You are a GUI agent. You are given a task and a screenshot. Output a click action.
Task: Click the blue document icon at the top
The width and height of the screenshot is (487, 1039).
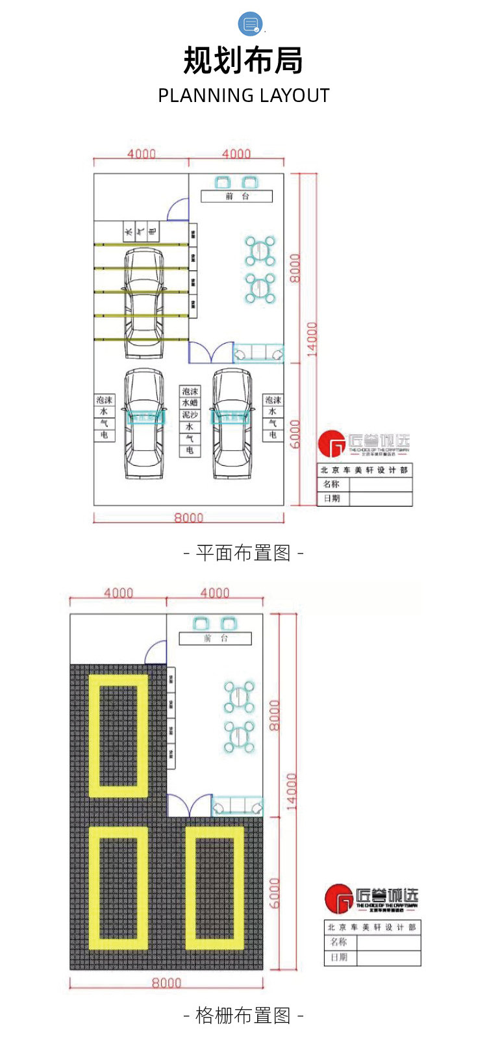coord(251,24)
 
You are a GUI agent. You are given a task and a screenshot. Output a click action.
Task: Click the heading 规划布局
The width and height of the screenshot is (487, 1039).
coord(243,60)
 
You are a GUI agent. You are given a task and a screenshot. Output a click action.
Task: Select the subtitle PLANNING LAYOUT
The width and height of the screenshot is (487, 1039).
coord(243,96)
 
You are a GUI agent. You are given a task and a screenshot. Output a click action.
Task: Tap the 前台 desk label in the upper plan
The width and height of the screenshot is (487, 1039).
coord(236,196)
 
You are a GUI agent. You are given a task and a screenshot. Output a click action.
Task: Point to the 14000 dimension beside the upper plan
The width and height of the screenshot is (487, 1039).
coord(312,339)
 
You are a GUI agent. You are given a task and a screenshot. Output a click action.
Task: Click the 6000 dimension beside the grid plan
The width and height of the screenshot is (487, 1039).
coord(275,893)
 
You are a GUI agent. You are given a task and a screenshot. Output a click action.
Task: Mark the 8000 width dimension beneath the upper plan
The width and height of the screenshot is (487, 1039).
coord(188,518)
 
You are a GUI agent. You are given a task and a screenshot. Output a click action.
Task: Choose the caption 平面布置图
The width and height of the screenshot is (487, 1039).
coord(243,553)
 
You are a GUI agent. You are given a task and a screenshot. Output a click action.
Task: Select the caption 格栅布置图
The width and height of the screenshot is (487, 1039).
coord(243,1015)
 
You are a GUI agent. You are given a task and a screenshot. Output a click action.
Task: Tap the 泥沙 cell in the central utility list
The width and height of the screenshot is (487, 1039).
coord(190,415)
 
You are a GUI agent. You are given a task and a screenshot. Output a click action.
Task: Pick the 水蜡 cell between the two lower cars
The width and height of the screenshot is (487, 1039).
coord(190,403)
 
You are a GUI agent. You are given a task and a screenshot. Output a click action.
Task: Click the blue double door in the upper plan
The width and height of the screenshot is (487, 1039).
coord(211,353)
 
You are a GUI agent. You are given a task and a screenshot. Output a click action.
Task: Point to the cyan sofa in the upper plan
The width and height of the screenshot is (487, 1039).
coord(258,353)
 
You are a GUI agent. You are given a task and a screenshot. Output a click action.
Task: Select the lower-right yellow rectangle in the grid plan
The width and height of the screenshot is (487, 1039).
coord(215,888)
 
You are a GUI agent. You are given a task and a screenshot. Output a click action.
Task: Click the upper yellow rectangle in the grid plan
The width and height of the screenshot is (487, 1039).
coord(118,736)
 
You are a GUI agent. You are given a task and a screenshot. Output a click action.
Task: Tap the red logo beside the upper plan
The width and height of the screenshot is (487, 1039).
coord(333,445)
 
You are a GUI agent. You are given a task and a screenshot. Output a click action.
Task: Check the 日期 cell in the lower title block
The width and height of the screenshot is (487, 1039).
coord(339,957)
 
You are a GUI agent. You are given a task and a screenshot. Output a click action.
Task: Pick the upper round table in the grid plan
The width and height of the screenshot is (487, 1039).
coord(240,697)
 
